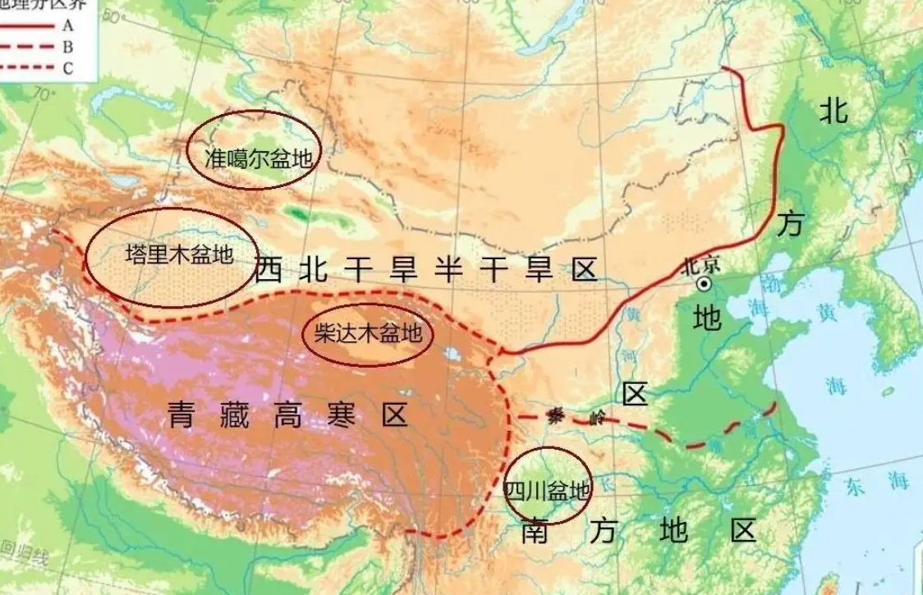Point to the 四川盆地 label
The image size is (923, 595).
[x=547, y=491]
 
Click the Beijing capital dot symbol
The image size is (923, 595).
[x=704, y=284]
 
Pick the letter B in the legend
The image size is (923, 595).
[x=67, y=47]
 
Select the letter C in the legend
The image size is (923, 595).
[x=67, y=69]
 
